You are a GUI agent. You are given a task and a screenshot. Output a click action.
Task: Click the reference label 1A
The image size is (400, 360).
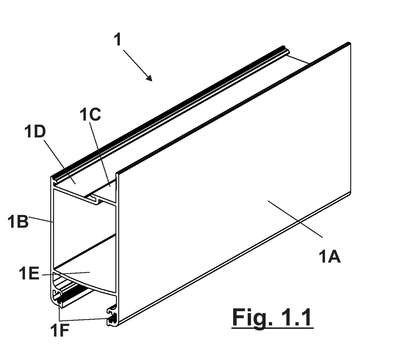(x=330, y=257)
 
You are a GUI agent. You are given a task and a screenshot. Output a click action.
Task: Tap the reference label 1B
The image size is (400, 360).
(x=18, y=221)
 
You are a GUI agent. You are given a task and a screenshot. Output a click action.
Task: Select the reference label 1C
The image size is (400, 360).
(x=90, y=115)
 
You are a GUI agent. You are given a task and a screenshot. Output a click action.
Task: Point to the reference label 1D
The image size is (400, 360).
(x=35, y=132)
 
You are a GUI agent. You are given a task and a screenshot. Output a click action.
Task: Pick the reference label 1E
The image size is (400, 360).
(x=29, y=274)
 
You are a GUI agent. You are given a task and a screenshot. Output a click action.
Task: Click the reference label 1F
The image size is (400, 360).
(x=60, y=331)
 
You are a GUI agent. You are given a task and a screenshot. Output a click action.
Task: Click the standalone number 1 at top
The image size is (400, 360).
(x=118, y=40)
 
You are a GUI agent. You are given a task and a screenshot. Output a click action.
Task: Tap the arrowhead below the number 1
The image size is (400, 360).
(x=149, y=78)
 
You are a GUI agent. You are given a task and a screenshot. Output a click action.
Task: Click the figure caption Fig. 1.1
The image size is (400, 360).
(x=272, y=317)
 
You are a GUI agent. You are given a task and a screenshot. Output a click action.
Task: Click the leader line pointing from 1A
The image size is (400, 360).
(x=295, y=219)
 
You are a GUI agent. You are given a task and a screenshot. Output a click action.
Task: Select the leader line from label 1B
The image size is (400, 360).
(x=41, y=219)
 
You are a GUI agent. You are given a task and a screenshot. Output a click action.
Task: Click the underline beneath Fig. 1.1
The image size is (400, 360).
(x=272, y=329)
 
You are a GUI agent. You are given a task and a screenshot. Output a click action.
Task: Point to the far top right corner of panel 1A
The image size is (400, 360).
(x=349, y=43)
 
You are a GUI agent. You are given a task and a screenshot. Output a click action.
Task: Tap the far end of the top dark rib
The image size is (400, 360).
(x=284, y=48)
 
